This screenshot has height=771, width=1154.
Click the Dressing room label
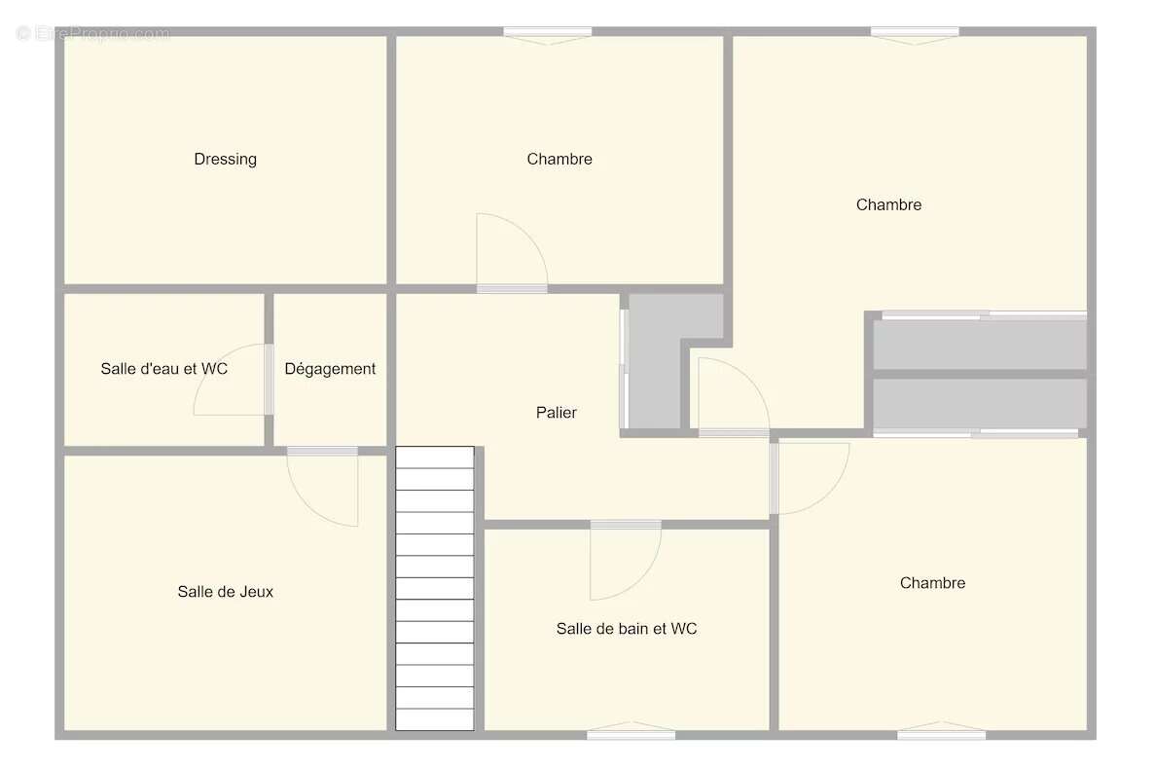pyautogui.click(x=225, y=159)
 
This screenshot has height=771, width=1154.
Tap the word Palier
pyautogui.click(x=557, y=413)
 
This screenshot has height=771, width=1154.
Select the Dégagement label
pyautogui.click(x=330, y=369)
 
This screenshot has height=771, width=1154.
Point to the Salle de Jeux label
pyautogui.click(x=225, y=591)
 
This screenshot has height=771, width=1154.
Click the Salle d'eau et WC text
pyautogui.click(x=164, y=368)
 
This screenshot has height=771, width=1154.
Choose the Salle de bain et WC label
pyautogui.click(x=627, y=628)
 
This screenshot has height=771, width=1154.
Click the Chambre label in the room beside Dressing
pyautogui.click(x=559, y=159)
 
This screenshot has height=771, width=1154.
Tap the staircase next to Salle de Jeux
pyautogui.click(x=435, y=588)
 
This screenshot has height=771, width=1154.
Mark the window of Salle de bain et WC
pyautogui.click(x=631, y=733)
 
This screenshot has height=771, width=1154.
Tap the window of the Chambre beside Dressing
pyautogui.click(x=548, y=33)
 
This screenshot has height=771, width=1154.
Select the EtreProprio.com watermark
pyautogui.click(x=93, y=33)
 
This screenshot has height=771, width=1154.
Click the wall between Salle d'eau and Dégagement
pyautogui.click(x=269, y=368)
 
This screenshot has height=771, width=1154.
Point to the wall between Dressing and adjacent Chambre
pyautogui.click(x=391, y=159)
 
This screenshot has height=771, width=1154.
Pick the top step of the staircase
pyautogui.click(x=435, y=458)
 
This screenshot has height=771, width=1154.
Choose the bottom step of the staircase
pyautogui.click(x=435, y=720)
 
